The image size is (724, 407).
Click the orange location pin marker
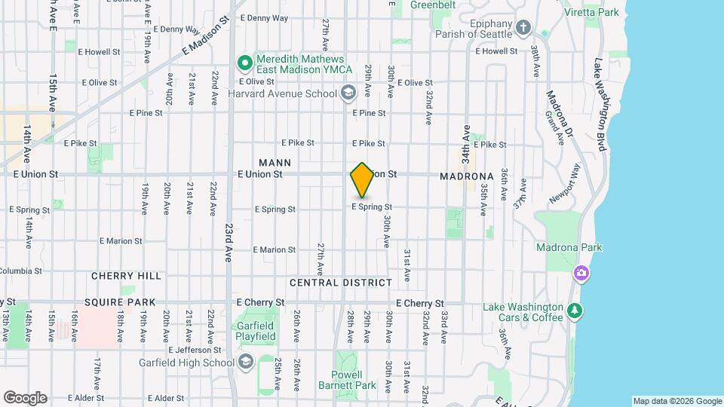click(362, 180)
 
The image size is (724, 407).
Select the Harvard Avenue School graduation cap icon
click(348, 93)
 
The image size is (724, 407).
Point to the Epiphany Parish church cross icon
click(524, 29)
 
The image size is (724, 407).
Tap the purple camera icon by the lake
click(581, 273)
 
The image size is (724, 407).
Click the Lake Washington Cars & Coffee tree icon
click(575, 311)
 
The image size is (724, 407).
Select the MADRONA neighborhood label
click(468, 176)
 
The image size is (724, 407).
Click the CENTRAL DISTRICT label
click(341, 283)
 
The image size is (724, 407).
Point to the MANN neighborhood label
click(275, 163)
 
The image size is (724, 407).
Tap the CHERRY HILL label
click(127, 277)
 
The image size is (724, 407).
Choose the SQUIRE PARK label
click(120, 302)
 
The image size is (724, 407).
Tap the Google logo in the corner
click(25, 398)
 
